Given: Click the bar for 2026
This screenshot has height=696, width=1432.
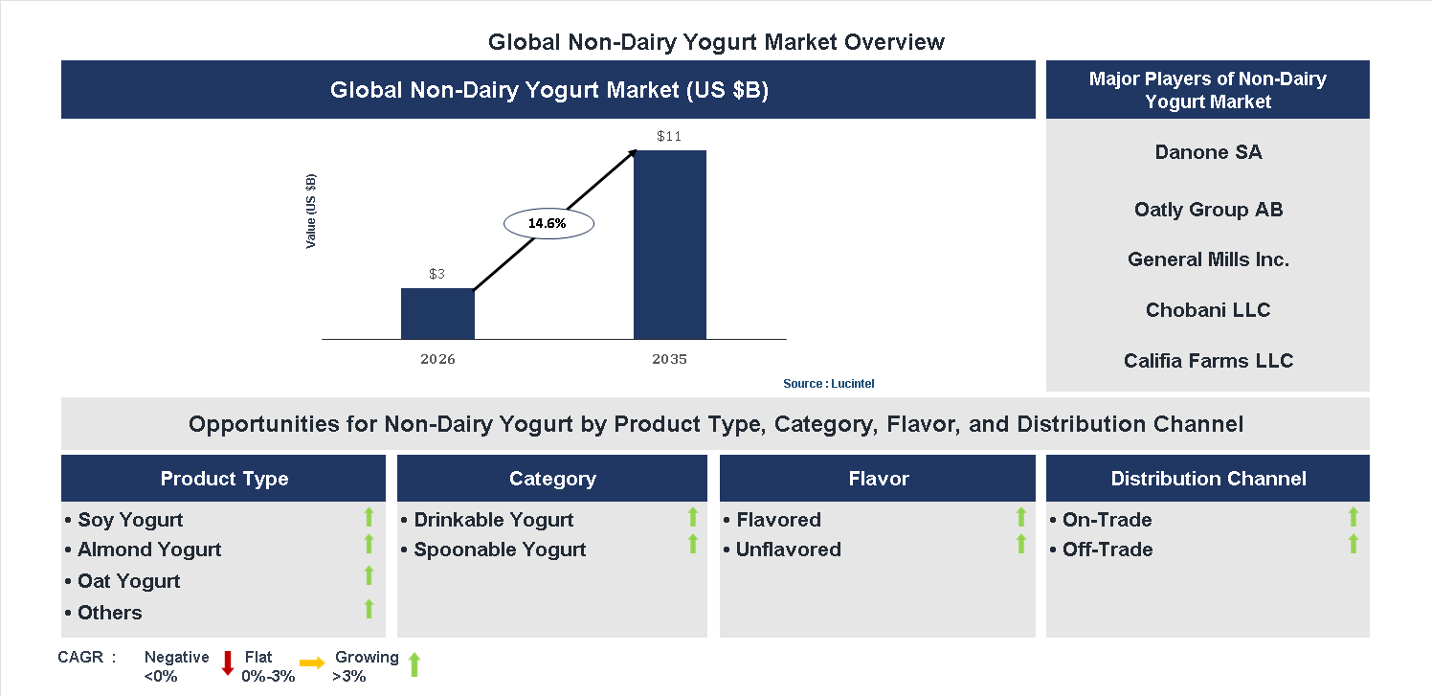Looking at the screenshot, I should pos(437,314).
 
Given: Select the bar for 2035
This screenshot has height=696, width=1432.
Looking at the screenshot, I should pos(670,245).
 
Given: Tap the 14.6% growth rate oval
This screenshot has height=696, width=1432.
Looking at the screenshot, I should pos(548,223).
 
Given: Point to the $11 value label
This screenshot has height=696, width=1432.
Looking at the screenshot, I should pos(669,137).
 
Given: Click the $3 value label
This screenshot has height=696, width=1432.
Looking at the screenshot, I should pos(436,275).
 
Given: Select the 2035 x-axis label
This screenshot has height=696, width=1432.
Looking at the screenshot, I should pos(669,360).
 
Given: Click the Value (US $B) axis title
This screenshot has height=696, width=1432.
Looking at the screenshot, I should pos(310,212).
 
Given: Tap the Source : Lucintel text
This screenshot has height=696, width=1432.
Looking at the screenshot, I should pos(828,384).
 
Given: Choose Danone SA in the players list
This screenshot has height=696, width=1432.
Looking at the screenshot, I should pos(1208,152).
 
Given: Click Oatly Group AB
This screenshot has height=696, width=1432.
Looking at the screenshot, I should pos(1208,210).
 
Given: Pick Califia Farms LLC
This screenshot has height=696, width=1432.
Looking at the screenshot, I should pos(1208,361).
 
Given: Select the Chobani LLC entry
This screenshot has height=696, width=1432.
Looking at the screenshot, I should pos(1208,310).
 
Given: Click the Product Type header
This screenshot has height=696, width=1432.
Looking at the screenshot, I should pos(224,479).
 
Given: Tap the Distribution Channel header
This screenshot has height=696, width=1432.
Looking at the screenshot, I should pos(1208,479).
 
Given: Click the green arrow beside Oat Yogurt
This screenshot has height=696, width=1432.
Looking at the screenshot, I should pos(369,576).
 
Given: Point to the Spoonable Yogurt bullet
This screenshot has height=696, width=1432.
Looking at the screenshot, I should pos(500,550).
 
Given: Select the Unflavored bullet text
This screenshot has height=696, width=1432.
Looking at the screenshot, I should pos(788,550).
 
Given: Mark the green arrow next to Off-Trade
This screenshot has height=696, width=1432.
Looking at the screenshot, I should pos(1353,545).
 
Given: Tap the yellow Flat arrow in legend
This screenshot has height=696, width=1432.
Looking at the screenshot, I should pos(312,662).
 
